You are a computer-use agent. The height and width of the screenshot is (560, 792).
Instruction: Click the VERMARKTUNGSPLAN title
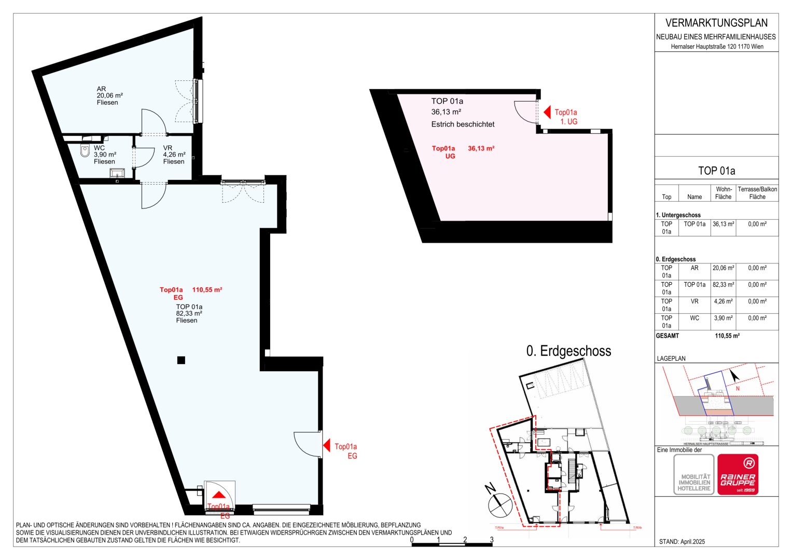[x=716, y=23]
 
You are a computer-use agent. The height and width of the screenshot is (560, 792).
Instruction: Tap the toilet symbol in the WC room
[x=85, y=151]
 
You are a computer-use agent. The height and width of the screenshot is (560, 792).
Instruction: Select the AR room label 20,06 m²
[x=109, y=95]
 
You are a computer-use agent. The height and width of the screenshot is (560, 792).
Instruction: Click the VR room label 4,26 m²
[x=174, y=155]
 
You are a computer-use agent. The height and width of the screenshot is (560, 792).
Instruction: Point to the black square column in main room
[x=181, y=360]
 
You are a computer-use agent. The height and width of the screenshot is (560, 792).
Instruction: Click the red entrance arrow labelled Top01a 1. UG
[x=547, y=112]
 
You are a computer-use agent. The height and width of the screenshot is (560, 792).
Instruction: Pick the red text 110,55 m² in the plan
[x=207, y=290]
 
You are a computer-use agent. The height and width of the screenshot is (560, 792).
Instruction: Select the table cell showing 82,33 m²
[x=723, y=285]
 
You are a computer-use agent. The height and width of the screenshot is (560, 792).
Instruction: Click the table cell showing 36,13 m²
[x=723, y=224]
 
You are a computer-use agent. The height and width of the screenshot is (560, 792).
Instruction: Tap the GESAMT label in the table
[x=667, y=335]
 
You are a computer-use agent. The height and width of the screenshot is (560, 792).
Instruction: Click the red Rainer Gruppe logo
[x=738, y=474]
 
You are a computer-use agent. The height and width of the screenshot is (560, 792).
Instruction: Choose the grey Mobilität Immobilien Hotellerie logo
[x=693, y=474]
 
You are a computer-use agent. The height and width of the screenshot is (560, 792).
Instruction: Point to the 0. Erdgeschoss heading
[x=568, y=351]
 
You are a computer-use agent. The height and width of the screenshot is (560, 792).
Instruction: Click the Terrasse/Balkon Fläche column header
[x=757, y=193]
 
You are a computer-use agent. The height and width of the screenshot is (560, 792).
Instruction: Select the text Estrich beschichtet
[x=463, y=124]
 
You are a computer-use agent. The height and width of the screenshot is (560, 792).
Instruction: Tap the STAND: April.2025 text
[x=682, y=541]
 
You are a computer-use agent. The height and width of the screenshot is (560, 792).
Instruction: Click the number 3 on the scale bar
[x=492, y=540]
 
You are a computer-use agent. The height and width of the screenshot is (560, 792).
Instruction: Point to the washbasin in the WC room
[x=118, y=173]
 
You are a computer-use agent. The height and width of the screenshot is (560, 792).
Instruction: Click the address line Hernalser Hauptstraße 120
[x=717, y=47]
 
